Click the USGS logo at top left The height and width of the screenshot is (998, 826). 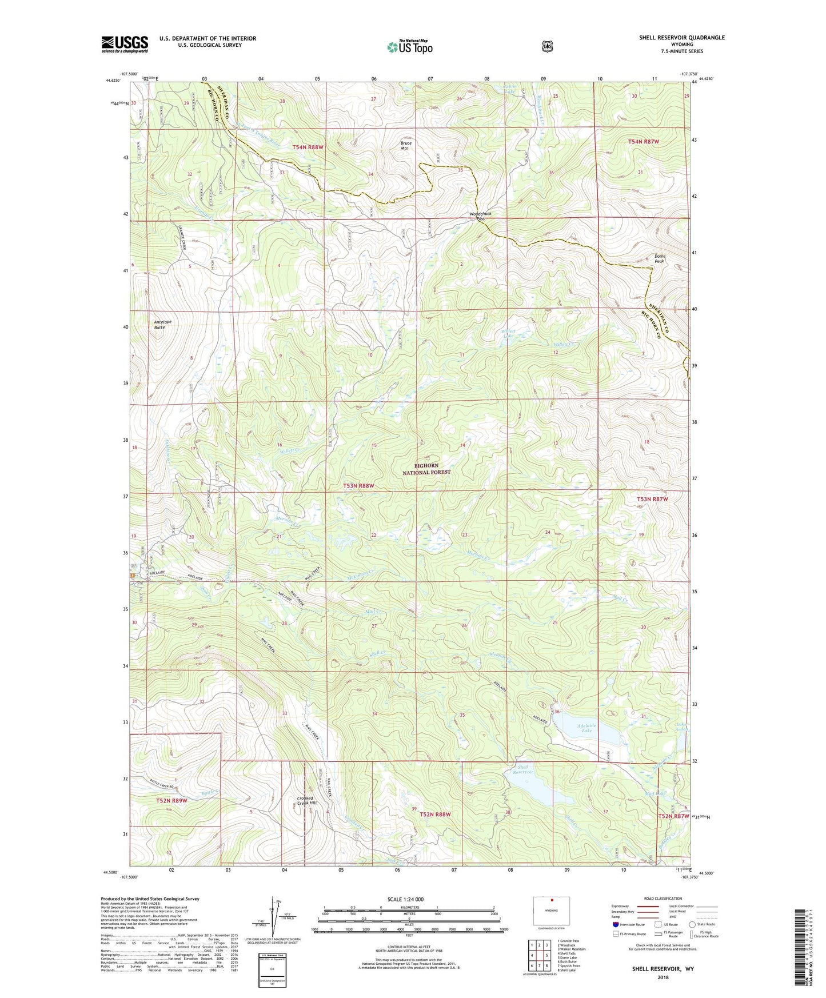pos(125,44)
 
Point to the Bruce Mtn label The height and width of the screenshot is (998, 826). pos(405,146)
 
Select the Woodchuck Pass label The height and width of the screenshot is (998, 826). pos(480,216)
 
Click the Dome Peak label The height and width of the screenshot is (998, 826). pos(660,258)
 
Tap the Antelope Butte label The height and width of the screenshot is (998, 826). pos(163,324)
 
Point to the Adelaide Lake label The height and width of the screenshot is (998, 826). pos(587,728)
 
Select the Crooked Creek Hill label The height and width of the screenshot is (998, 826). pos(305,800)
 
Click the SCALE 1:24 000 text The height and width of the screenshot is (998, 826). pos(405,900)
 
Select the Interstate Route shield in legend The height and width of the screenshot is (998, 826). pos(615,924)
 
